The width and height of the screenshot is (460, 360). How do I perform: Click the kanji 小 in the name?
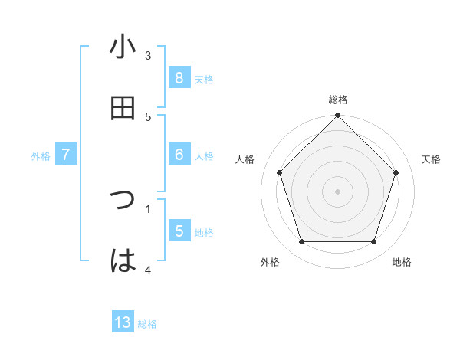pos(123,47)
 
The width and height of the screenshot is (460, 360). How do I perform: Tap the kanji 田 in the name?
pos(123,109)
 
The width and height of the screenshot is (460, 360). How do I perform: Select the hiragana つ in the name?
pos(123,201)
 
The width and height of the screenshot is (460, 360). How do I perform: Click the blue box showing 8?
pos(179,77)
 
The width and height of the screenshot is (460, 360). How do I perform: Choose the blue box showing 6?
pos(179,155)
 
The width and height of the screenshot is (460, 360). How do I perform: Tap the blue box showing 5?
pos(179,231)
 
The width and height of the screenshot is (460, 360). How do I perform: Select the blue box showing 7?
pos(66,155)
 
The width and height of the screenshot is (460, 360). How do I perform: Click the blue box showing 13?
pos(123,322)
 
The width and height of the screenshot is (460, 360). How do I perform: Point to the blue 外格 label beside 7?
pos(41,156)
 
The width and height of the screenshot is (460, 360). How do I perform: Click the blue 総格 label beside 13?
pos(147,324)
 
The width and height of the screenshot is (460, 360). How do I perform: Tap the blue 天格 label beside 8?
pos(204,79)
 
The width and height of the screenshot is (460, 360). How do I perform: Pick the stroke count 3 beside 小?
pos(148,55)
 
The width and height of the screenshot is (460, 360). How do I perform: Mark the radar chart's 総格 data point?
pos(337,117)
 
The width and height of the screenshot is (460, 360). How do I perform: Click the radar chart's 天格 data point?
pos(396,172)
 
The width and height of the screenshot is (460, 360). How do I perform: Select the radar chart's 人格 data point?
pos(279,172)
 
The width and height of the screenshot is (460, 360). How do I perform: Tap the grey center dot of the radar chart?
pos(337,191)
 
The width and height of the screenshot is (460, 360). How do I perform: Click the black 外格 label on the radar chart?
pos(270,262)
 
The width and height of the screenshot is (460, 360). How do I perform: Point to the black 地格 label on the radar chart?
pos(402,262)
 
